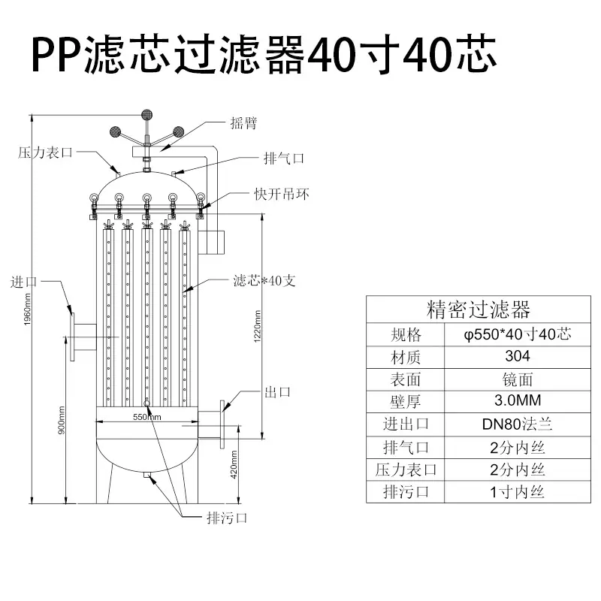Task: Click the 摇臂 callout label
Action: pos(243,123)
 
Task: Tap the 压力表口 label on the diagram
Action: pos(45,153)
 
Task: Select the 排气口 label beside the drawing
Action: pos(284,159)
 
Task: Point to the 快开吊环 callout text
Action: pos(282,195)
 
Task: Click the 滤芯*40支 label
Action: pos(264,281)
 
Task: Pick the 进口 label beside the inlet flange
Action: pos(24,282)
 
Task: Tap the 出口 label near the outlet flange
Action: pos(277,392)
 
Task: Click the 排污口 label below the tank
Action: pos(227,518)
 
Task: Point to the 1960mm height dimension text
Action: pos(27,310)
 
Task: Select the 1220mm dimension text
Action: pos(257,327)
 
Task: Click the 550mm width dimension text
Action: pos(147,417)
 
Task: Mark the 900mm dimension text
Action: pos(62,421)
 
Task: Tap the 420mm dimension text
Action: pos(234,464)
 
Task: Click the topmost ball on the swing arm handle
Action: pos(146,115)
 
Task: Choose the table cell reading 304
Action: pos(518,356)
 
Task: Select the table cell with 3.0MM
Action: pos(518,400)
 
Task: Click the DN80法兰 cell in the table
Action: pos(518,424)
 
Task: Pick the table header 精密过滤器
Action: pos(479,310)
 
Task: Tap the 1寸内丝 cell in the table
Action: pos(518,492)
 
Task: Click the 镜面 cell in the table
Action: pos(518,380)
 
